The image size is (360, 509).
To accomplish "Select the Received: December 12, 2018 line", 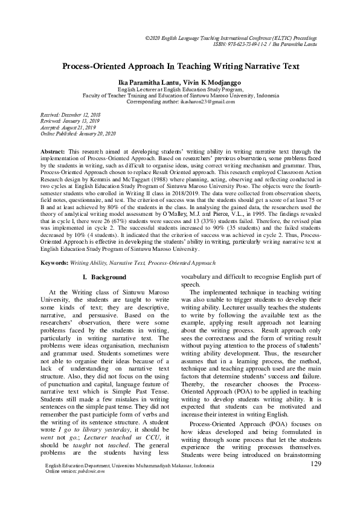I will (67, 114).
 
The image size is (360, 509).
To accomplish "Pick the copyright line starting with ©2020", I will (248, 37).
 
